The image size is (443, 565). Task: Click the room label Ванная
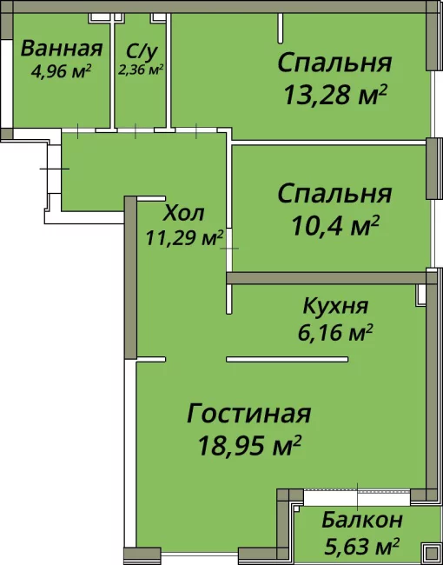[61, 49]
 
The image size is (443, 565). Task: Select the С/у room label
[142, 49]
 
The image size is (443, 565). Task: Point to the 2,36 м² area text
[142, 68]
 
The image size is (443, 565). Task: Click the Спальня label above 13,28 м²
[334, 63]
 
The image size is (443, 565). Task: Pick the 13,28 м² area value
[334, 93]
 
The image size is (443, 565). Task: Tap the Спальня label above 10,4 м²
[334, 193]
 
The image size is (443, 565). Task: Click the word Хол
[183, 212]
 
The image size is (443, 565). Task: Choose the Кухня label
[335, 306]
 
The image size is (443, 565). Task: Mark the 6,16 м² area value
[337, 331]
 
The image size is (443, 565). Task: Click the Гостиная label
[248, 414]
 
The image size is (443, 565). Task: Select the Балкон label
[361, 521]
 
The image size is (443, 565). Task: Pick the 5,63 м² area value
[361, 547]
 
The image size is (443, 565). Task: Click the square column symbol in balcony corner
[428, 551]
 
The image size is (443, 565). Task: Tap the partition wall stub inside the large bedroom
[280, 30]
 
